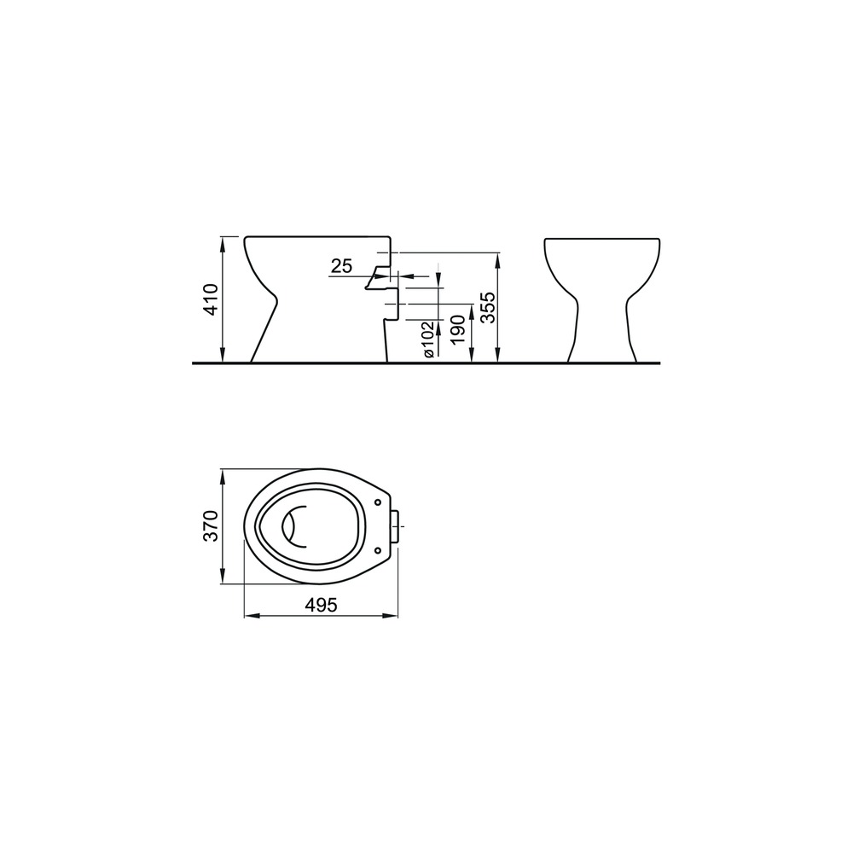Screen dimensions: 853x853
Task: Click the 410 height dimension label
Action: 211,299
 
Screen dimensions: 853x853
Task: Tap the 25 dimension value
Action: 342,266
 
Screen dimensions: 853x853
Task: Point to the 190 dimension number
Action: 458,329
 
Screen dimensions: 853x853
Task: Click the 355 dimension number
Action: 488,307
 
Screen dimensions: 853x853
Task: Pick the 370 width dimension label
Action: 211,525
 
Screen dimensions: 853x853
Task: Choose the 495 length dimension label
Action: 321,605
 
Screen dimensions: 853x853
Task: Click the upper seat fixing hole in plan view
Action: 378,502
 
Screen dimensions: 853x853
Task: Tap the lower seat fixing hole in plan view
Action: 378,550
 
